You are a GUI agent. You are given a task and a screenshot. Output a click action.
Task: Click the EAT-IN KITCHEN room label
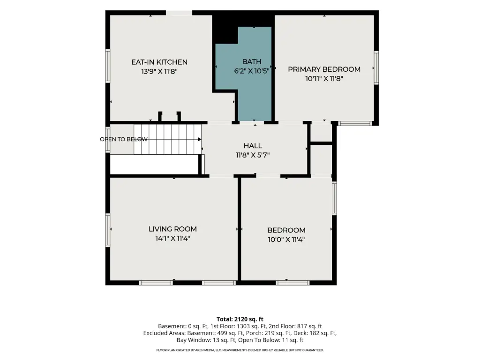(x=159, y=62)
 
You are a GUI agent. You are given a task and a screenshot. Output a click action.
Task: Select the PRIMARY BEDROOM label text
(x=324, y=69)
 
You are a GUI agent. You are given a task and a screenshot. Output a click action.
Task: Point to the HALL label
(x=253, y=146)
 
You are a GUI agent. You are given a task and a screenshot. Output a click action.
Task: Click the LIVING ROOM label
(x=172, y=229)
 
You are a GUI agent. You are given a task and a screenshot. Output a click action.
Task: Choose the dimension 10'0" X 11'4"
(x=286, y=240)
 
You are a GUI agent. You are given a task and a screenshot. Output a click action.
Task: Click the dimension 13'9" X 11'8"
(x=159, y=71)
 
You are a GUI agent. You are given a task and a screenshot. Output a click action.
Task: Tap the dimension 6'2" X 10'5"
(x=252, y=71)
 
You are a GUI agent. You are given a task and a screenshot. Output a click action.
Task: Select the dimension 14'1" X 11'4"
(x=172, y=238)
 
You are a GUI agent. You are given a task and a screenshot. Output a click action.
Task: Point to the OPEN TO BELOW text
(x=124, y=139)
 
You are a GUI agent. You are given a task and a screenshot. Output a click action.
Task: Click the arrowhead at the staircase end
(x=200, y=139)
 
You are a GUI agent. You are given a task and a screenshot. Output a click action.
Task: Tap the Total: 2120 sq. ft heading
(x=240, y=319)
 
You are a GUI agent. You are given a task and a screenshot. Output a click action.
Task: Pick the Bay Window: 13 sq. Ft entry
(x=206, y=340)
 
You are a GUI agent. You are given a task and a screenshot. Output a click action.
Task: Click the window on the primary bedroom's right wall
(x=376, y=67)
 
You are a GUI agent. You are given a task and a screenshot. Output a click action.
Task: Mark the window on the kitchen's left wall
(x=108, y=66)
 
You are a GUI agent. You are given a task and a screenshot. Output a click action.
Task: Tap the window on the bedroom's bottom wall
(x=292, y=283)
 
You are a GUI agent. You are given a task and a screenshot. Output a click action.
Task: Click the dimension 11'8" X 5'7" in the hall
(x=253, y=155)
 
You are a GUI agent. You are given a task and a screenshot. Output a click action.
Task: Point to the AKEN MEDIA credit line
(x=240, y=350)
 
